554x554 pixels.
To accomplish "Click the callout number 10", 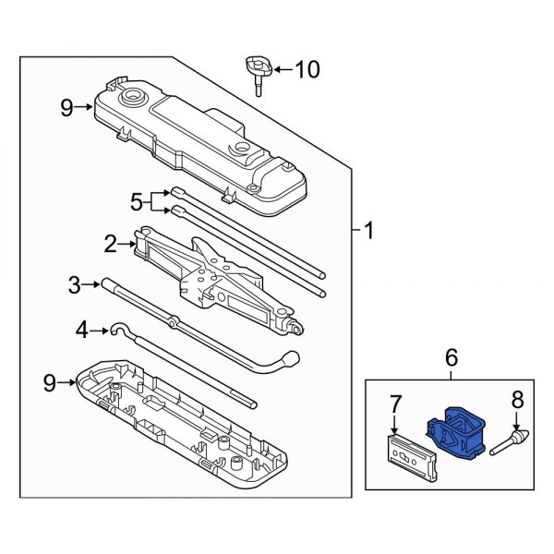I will (306, 69).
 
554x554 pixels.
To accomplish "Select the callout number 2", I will (111, 244).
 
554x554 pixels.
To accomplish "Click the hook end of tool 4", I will (118, 329).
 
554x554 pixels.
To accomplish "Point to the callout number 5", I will (137, 201).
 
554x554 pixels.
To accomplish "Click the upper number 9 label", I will (66, 109).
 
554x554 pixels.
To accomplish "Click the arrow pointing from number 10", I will (281, 69).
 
